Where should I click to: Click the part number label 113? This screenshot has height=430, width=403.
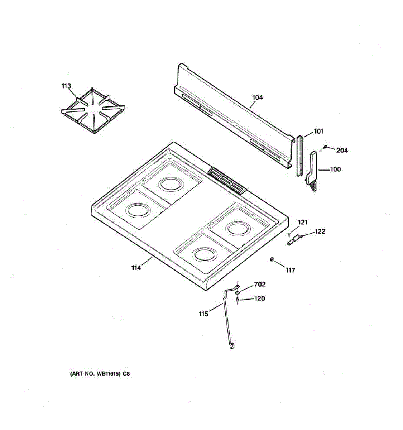[x=66, y=86]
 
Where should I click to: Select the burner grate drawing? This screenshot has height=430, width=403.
[x=93, y=111]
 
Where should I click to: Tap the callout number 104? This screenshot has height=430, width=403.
[x=257, y=97]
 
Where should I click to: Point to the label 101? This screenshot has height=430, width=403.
[x=318, y=131]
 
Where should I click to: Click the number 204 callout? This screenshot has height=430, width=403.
[x=342, y=150]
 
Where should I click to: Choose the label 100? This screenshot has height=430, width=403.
[x=335, y=169]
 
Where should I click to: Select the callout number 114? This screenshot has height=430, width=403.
[x=136, y=268]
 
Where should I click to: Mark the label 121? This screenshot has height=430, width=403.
[x=303, y=223]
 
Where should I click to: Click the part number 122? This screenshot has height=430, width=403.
[x=320, y=231]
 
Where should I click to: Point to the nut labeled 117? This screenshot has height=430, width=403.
[x=272, y=259]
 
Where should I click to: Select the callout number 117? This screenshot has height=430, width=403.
[x=290, y=270]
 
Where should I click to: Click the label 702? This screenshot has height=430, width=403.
[x=260, y=284]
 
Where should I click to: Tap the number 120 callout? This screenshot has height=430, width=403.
[x=259, y=298]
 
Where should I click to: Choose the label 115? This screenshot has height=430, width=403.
[x=203, y=314]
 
